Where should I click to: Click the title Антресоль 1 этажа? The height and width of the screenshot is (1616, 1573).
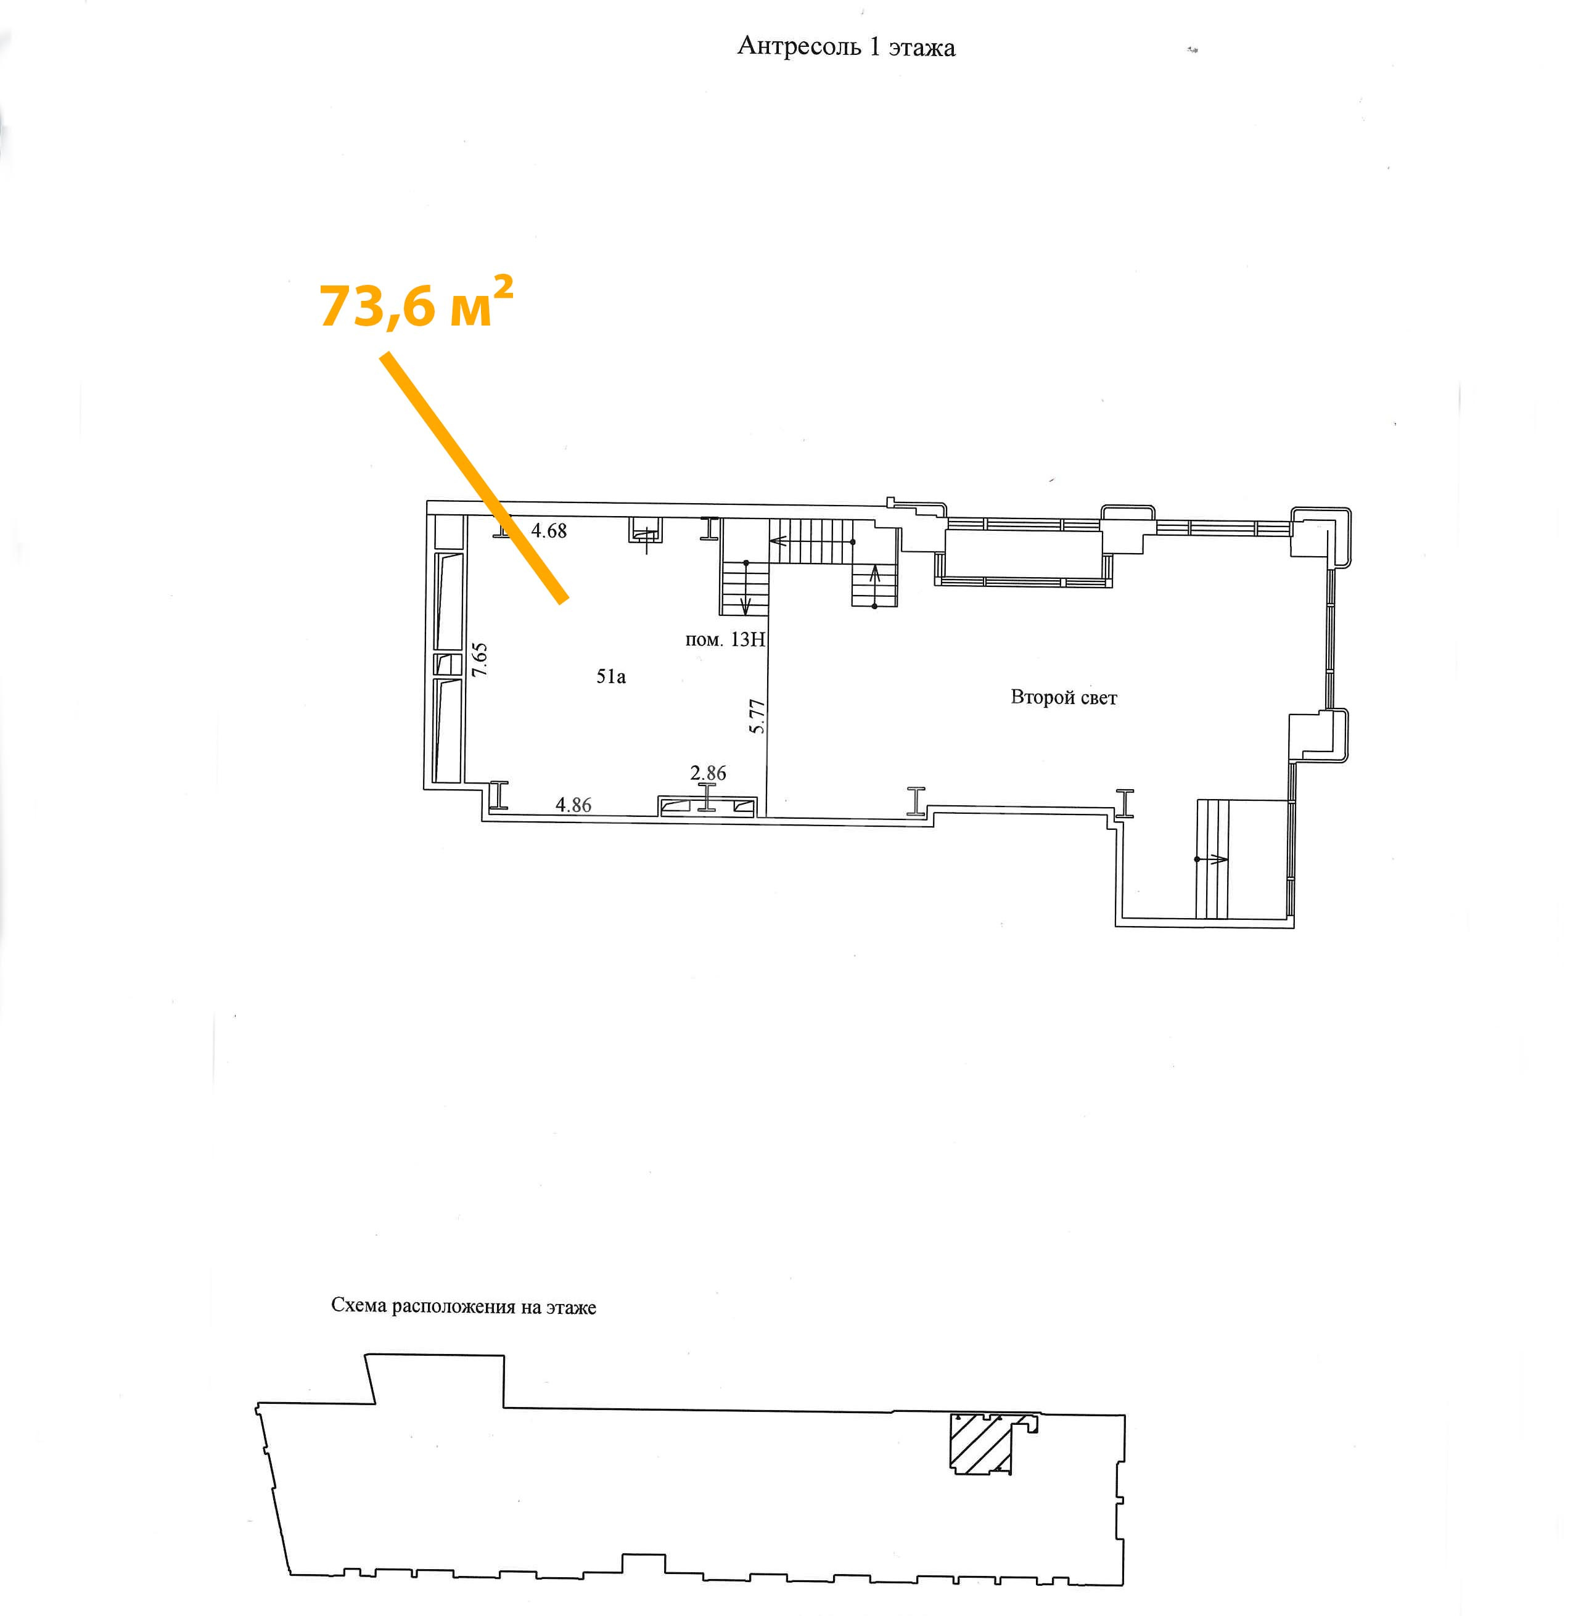pos(846,47)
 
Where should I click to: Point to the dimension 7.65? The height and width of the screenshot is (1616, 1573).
pos(480,660)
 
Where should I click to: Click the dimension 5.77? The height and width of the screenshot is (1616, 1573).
pos(757,716)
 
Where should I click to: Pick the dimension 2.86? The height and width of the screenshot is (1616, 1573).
pos(708,773)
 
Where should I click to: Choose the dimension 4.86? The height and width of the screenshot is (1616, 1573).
pos(573,805)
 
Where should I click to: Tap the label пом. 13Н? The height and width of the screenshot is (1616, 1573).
pos(725,639)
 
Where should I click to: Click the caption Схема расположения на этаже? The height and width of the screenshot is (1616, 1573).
pos(464,1307)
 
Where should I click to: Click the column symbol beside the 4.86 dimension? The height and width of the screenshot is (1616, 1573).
pos(498,794)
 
